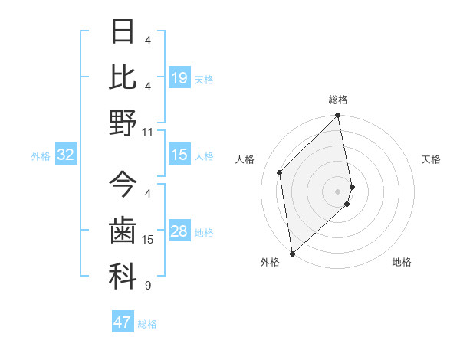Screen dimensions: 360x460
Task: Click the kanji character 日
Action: [123, 31]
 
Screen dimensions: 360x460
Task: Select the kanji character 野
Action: [123, 123]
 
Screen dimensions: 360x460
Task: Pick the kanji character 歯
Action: [123, 230]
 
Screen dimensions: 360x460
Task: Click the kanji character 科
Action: [123, 276]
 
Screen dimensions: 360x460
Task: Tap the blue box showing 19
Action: [179, 78]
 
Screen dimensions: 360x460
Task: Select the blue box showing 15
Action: [179, 155]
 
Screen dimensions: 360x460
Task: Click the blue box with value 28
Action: [179, 232]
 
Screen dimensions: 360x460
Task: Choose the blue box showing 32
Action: [66, 155]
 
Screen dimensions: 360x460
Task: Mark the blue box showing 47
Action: [123, 322]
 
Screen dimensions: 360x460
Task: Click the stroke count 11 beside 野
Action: [148, 132]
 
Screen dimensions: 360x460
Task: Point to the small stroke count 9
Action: [147, 286]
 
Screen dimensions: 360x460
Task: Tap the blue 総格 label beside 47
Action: [148, 324]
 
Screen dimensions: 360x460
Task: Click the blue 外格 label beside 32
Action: [41, 156]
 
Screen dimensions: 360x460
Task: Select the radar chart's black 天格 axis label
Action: [431, 159]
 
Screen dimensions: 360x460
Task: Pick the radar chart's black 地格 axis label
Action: [402, 263]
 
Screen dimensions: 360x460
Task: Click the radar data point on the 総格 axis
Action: [337, 116]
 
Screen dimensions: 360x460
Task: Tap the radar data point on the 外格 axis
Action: [292, 253]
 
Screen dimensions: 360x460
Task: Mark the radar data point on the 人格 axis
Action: [280, 172]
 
